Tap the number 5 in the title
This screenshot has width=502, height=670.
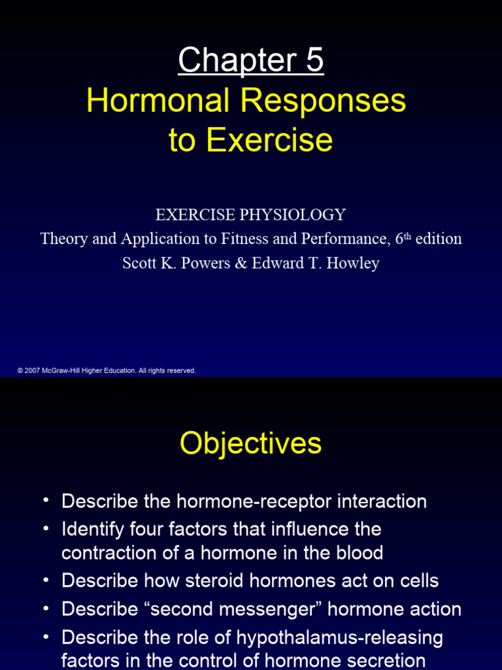(312, 62)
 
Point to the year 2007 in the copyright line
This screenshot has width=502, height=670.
(32, 370)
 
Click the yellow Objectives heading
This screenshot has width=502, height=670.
(251, 443)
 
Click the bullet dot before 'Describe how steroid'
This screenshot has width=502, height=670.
(46, 580)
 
